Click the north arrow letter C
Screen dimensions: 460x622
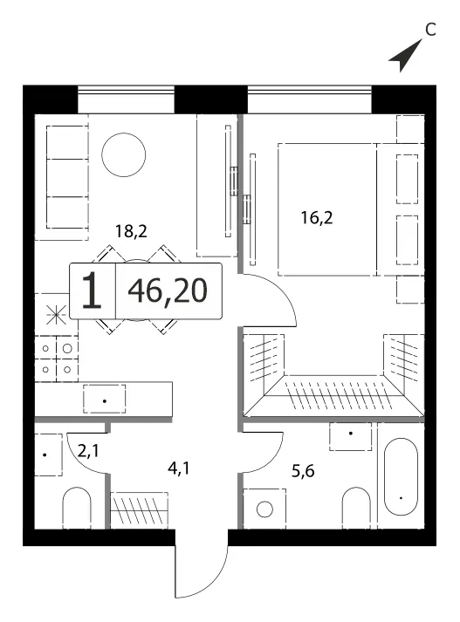coord(430,30)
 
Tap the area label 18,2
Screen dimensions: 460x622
coord(131,230)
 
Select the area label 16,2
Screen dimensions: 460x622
coord(317,217)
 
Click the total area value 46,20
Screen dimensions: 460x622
coord(168,290)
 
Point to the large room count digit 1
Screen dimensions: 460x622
coord(92,290)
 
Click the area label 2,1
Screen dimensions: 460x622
coord(87,451)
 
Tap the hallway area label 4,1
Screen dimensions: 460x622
coord(179,468)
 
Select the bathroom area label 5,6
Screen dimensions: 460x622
coord(303,471)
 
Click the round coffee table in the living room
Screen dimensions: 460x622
coord(123,155)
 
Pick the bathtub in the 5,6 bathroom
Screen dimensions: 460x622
coord(401,476)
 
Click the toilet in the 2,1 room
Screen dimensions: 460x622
coord(77,508)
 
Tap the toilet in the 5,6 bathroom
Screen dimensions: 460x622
coord(356,508)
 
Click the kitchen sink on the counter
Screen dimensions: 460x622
coord(105,399)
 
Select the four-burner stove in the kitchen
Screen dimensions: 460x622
coord(57,359)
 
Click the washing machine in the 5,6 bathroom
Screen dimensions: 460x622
coord(264,509)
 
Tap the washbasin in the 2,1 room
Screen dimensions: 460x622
coord(48,455)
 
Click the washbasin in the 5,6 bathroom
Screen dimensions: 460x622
coord(351,436)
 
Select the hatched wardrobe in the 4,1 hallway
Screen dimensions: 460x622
coord(139,510)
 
